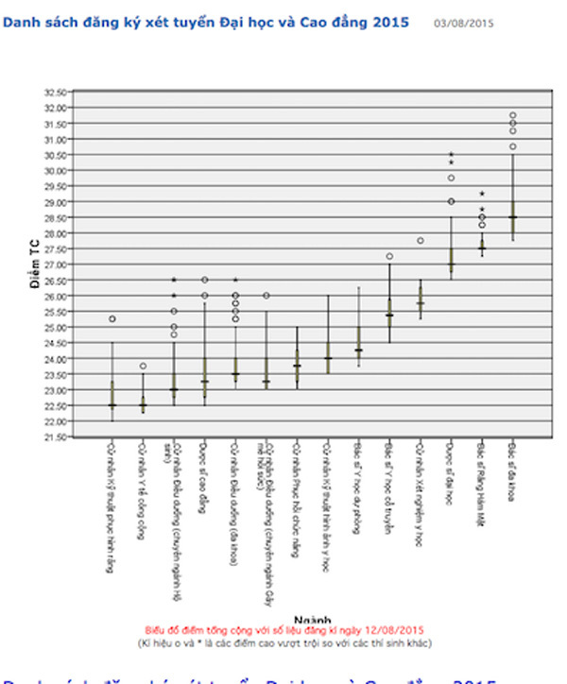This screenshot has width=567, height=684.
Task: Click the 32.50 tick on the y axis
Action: click(x=58, y=93)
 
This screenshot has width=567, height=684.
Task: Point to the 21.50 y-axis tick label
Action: click(x=58, y=437)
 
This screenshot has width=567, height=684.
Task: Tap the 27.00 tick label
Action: click(x=58, y=265)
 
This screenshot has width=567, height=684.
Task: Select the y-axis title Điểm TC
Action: click(x=34, y=265)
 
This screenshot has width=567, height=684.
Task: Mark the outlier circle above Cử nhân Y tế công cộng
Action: click(x=143, y=366)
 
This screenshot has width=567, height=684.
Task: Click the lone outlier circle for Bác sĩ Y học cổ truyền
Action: click(x=389, y=256)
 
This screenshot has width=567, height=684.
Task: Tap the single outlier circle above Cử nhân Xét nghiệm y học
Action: click(x=420, y=241)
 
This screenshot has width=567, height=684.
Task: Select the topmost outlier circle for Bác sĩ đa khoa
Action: click(x=512, y=115)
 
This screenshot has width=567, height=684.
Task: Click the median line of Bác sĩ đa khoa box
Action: click(x=512, y=217)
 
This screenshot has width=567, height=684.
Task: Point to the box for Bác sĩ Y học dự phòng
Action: click(x=358, y=338)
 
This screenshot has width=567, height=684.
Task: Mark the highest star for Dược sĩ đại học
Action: click(x=451, y=154)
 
